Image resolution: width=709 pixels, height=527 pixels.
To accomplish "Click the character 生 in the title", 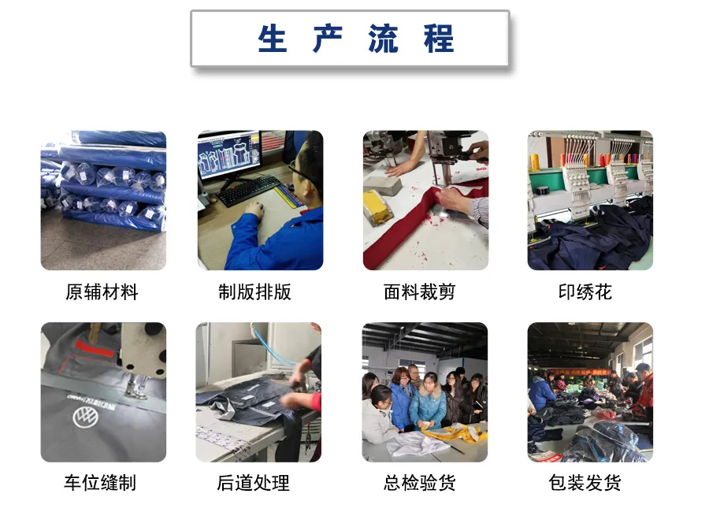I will [x=273, y=39].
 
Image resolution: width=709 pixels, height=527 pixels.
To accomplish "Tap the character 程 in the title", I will [x=439, y=39].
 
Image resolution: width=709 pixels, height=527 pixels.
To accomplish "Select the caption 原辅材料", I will [x=102, y=293].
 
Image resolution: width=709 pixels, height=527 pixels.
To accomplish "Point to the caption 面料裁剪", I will [x=419, y=293].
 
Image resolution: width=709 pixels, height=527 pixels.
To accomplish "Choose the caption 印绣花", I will [x=585, y=293].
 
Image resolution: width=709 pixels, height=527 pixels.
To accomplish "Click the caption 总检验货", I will [x=419, y=483].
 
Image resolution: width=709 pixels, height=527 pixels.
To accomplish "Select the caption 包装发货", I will [x=585, y=483].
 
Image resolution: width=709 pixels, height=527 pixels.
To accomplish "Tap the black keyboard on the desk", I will [x=250, y=191].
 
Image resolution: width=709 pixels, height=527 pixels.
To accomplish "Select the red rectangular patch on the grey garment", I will [x=94, y=347].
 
